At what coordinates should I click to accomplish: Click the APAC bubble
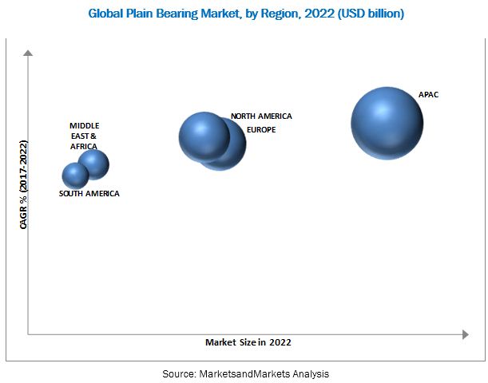(x=387, y=124)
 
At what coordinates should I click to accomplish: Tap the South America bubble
(x=75, y=176)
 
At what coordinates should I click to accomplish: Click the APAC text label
(x=429, y=95)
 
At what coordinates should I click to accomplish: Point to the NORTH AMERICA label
(x=261, y=116)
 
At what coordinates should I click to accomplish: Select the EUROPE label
(x=260, y=129)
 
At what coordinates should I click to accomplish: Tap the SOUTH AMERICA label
(x=90, y=194)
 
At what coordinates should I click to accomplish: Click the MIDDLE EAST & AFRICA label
(x=85, y=136)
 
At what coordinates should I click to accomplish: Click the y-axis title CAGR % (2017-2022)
(x=24, y=185)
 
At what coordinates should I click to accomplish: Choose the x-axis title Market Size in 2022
(x=248, y=342)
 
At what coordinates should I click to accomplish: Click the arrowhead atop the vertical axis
(x=28, y=53)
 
